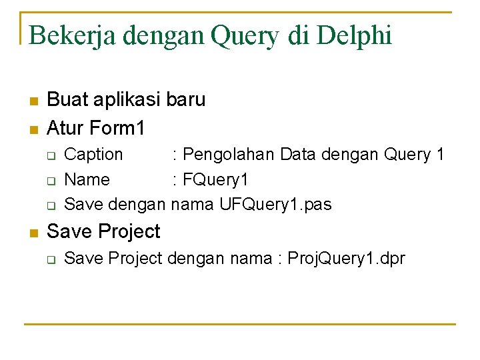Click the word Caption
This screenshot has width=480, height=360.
93,155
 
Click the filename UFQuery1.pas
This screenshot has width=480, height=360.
275,204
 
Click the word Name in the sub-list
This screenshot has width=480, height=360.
87,179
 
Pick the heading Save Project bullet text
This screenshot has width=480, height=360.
104,231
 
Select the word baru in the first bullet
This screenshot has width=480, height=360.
186,100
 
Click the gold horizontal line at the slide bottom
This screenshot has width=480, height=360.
240,325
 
